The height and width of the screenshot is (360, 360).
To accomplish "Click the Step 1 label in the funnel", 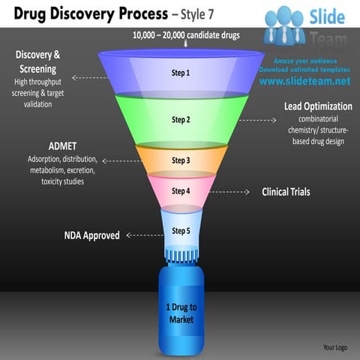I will pyautogui.click(x=181, y=73).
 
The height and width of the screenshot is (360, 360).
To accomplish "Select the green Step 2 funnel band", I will pyautogui.click(x=181, y=119).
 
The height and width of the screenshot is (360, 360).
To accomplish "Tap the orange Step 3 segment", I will pyautogui.click(x=181, y=160).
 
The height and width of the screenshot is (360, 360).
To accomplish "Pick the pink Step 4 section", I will pyautogui.click(x=181, y=191).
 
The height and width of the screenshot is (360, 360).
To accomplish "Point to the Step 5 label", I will pyautogui.click(x=181, y=230).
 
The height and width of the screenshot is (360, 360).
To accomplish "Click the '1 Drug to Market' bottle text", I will pyautogui.click(x=181, y=313).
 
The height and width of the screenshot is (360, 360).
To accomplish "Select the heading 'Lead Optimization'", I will pyautogui.click(x=318, y=106).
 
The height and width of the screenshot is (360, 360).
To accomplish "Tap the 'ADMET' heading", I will pyautogui.click(x=63, y=145).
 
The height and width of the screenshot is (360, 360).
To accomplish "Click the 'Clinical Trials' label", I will pyautogui.click(x=286, y=192).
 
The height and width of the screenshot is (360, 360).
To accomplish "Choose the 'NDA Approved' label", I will pyautogui.click(x=91, y=235).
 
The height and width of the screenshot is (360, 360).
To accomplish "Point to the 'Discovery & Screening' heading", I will pyautogui.click(x=38, y=61).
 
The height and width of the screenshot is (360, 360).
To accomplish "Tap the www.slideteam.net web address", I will pyautogui.click(x=305, y=81).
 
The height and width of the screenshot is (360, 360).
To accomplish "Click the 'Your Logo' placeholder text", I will pyautogui.click(x=334, y=347).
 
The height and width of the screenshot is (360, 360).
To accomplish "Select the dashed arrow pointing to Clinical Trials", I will pyautogui.click(x=228, y=192).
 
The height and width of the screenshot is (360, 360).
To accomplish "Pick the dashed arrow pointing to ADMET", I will pyautogui.click(x=118, y=160).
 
